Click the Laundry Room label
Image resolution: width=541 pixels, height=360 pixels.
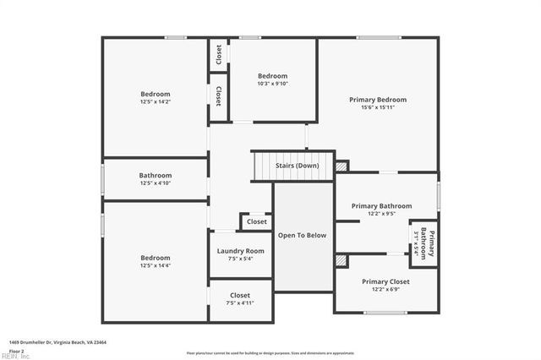pyautogui.click(x=240, y=251)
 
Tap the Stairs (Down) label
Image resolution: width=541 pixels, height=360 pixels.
pyautogui.click(x=297, y=165)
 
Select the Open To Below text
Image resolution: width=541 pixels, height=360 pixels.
pyautogui.click(x=302, y=236)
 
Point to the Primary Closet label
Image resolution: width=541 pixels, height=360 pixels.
pyautogui.click(x=385, y=281)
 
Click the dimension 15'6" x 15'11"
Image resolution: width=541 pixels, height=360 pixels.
pyautogui.click(x=378, y=107)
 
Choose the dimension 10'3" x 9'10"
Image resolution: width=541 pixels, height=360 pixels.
pyautogui.click(x=272, y=83)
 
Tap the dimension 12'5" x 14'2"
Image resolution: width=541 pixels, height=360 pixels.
pyautogui.click(x=155, y=101)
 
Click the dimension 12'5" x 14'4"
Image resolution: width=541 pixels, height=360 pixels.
pyautogui.click(x=155, y=265)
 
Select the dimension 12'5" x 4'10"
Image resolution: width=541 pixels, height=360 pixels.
pyautogui.click(x=155, y=183)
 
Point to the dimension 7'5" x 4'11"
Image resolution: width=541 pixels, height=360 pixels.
pyautogui.click(x=240, y=303)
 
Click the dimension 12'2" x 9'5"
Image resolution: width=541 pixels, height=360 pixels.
pyautogui.click(x=381, y=213)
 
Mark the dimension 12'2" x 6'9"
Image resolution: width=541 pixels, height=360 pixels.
pyautogui.click(x=385, y=289)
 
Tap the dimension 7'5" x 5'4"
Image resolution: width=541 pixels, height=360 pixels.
pyautogui.click(x=240, y=259)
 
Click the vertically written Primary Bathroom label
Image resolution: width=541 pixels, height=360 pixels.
pyautogui.click(x=429, y=243)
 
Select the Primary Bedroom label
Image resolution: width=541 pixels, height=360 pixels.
pyautogui.click(x=378, y=100)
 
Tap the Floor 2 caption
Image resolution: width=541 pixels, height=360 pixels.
pyautogui.click(x=17, y=349)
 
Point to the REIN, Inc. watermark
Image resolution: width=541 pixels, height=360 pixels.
pyautogui.click(x=15, y=356)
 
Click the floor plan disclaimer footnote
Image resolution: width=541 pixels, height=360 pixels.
pyautogui.click(x=270, y=352)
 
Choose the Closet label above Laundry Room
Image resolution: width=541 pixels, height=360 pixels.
pyautogui.click(x=256, y=223)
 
